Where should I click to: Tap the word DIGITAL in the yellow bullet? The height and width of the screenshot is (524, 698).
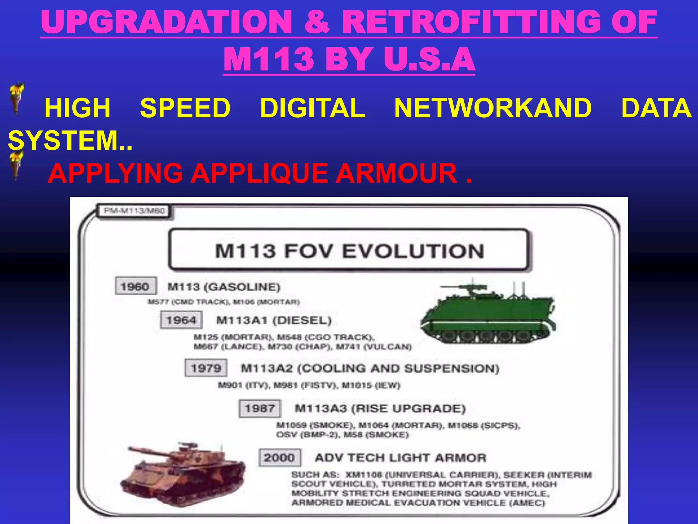pos(313,108)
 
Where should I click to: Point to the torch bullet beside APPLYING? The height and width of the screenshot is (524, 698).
pos(16,166)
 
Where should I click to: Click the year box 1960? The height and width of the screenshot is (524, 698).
pos(136,286)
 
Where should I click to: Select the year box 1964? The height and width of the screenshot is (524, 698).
pos(181,320)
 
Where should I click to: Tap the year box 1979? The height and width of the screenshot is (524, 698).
pos(206,368)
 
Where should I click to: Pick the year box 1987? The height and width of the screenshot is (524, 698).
pos(260,408)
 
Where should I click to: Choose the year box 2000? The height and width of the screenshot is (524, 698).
pos(279,457)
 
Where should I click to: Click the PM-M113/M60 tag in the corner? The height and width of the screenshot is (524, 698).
pos(134,211)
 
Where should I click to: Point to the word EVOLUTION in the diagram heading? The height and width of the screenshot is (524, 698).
pos(413,251)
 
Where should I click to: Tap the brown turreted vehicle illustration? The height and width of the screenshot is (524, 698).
pos(182,474)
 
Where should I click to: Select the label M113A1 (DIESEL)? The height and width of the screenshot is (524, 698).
pos(274,320)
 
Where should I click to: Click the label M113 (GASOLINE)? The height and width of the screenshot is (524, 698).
pos(224,287)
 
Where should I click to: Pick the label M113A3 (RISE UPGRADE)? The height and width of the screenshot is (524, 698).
pos(380,408)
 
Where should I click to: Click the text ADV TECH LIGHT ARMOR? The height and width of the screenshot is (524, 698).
pos(400,457)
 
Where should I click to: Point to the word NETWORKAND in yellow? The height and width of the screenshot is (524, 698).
pos(493,108)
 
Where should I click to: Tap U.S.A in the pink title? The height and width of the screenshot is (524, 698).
pos(429,59)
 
